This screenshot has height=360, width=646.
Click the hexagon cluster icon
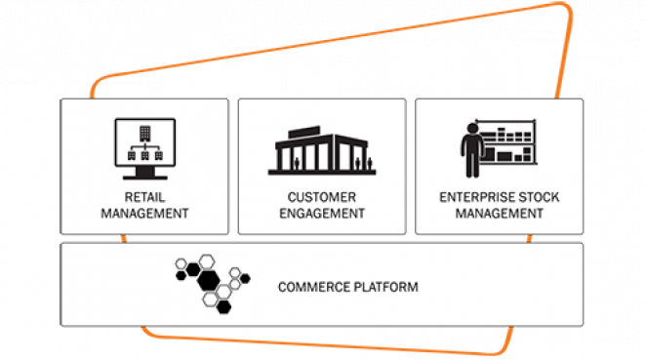(x=207, y=283)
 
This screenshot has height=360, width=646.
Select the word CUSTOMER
(x=322, y=196)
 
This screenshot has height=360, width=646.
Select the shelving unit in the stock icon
(x=513, y=145)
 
